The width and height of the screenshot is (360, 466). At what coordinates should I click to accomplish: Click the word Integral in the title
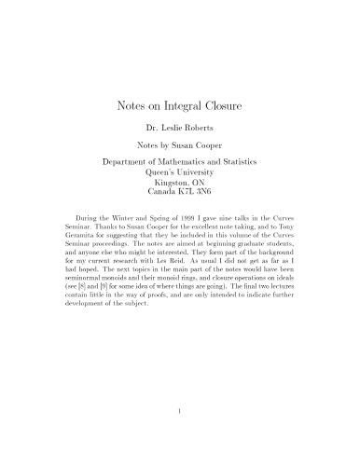pos(181,107)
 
